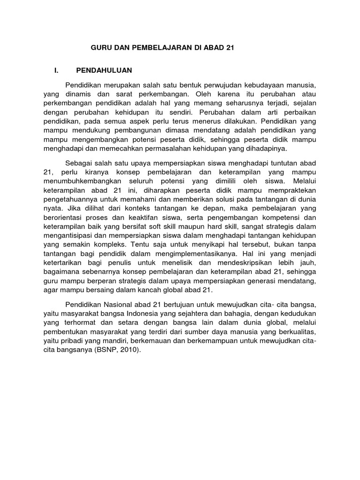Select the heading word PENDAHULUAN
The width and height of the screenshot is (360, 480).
coord(104,70)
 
